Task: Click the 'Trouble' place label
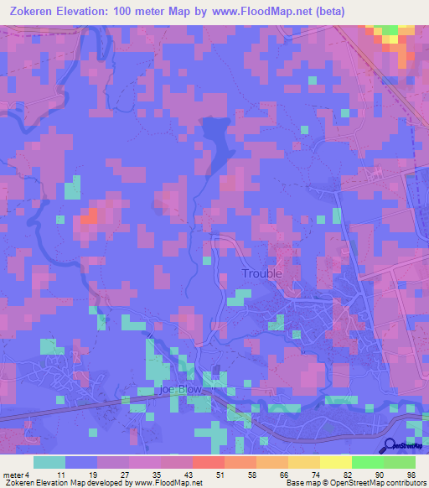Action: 261,273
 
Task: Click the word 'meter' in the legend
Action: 13,474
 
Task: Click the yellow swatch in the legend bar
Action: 335,462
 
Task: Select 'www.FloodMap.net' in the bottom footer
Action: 171,483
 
